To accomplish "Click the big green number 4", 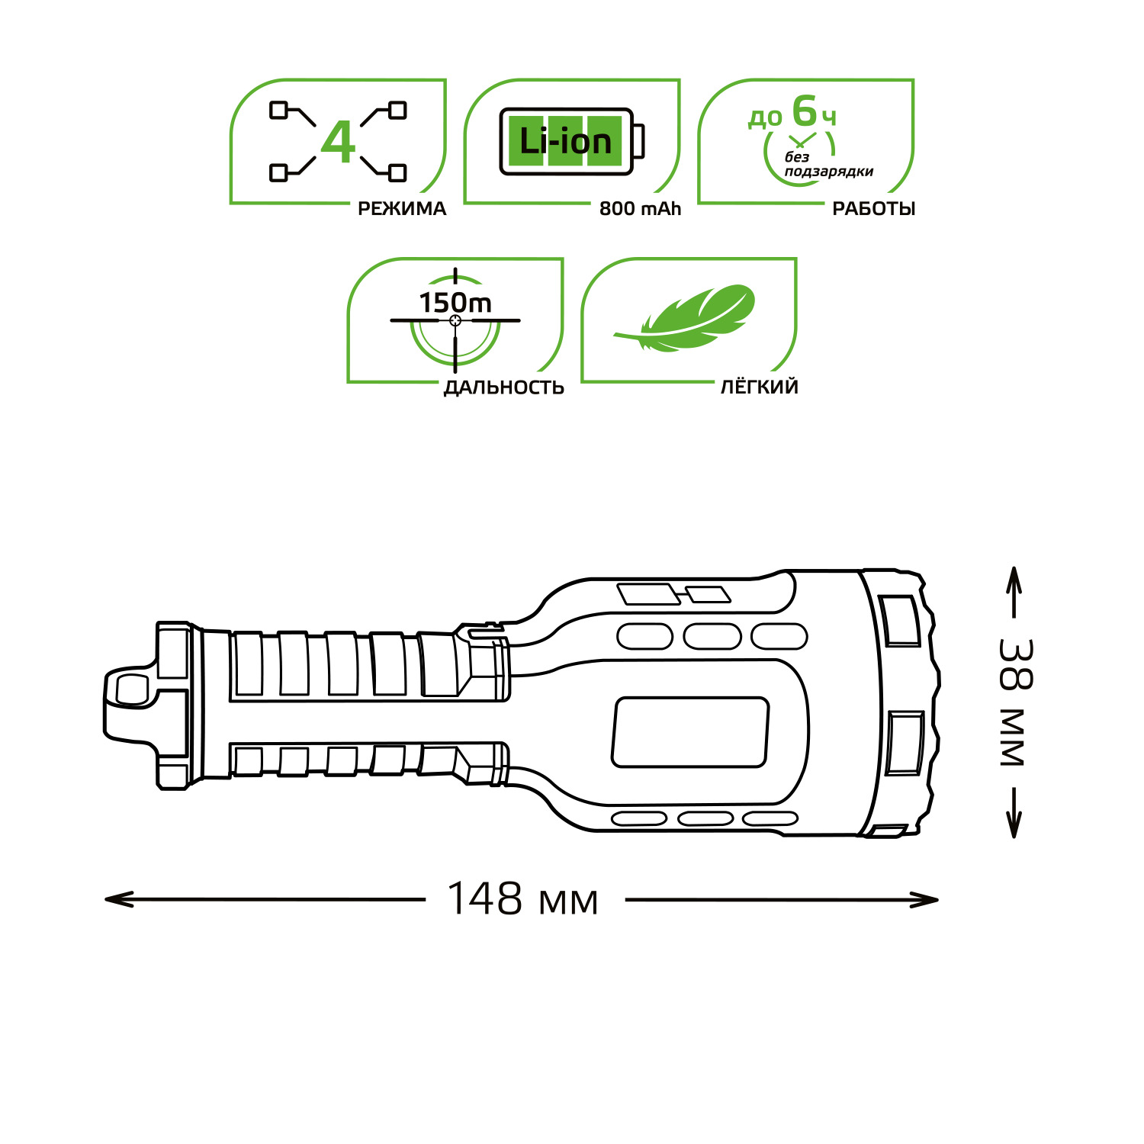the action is click(338, 142).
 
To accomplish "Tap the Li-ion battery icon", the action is click(572, 141).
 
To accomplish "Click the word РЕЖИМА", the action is click(402, 208).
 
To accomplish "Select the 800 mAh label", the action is click(640, 208).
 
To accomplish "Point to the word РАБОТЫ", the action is click(873, 208).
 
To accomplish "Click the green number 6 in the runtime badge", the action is click(804, 111).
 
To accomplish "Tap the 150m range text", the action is click(455, 303).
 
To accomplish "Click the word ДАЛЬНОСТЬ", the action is click(504, 387).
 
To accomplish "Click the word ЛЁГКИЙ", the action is click(760, 387).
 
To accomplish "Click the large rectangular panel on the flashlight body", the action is click(690, 731).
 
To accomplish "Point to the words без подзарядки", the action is click(829, 165).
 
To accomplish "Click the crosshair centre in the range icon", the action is click(455, 320).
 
